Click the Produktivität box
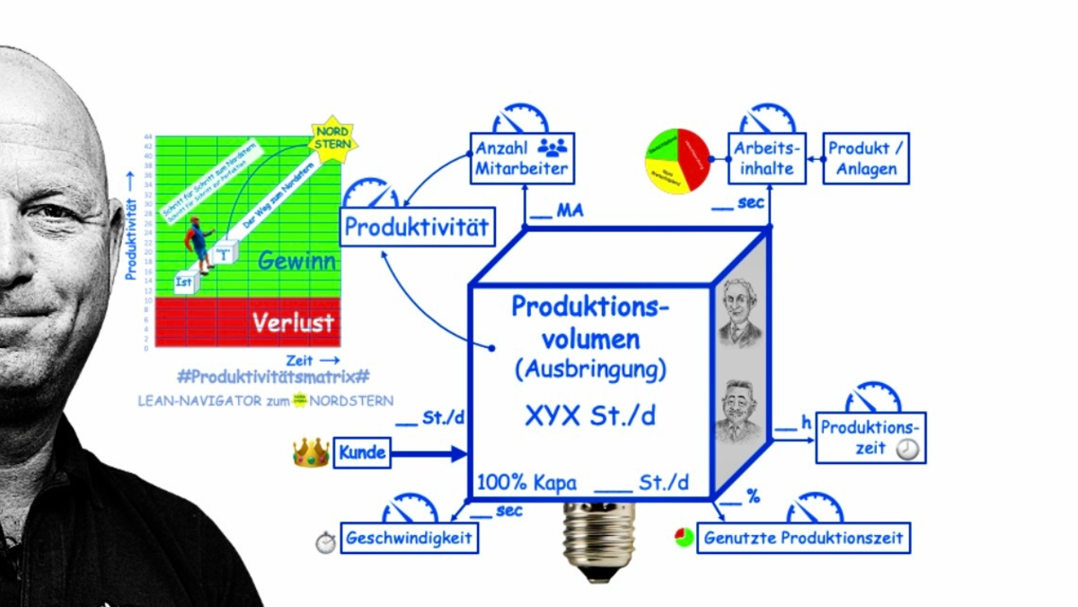click(x=418, y=227)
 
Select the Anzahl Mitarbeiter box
click(x=521, y=158)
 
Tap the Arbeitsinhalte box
click(x=766, y=158)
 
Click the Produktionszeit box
click(x=870, y=438)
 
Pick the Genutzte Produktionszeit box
click(x=804, y=539)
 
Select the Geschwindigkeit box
click(x=409, y=539)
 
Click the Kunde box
click(x=362, y=453)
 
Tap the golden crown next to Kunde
click(x=311, y=452)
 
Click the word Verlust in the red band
click(x=293, y=322)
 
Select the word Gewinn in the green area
click(x=296, y=262)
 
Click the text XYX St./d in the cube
click(x=589, y=416)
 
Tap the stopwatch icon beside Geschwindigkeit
click(x=325, y=541)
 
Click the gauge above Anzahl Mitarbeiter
click(x=520, y=120)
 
